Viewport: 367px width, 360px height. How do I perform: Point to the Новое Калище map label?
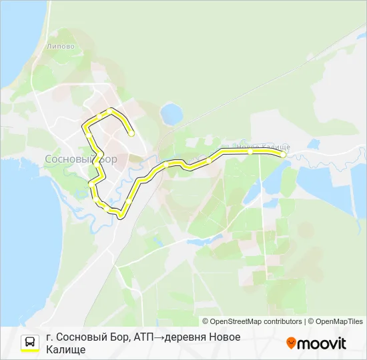click(263, 147)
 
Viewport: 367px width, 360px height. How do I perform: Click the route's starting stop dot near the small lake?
click(131, 134)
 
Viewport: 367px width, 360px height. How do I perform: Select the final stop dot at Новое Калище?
click(284, 155)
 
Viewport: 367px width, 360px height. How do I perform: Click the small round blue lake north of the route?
click(171, 113)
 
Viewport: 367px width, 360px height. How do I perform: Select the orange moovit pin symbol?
click(291, 343)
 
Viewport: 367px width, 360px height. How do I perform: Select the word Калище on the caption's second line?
click(67, 350)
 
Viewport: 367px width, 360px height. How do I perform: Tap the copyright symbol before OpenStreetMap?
click(205, 321)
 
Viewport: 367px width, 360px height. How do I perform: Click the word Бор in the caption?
click(119, 337)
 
